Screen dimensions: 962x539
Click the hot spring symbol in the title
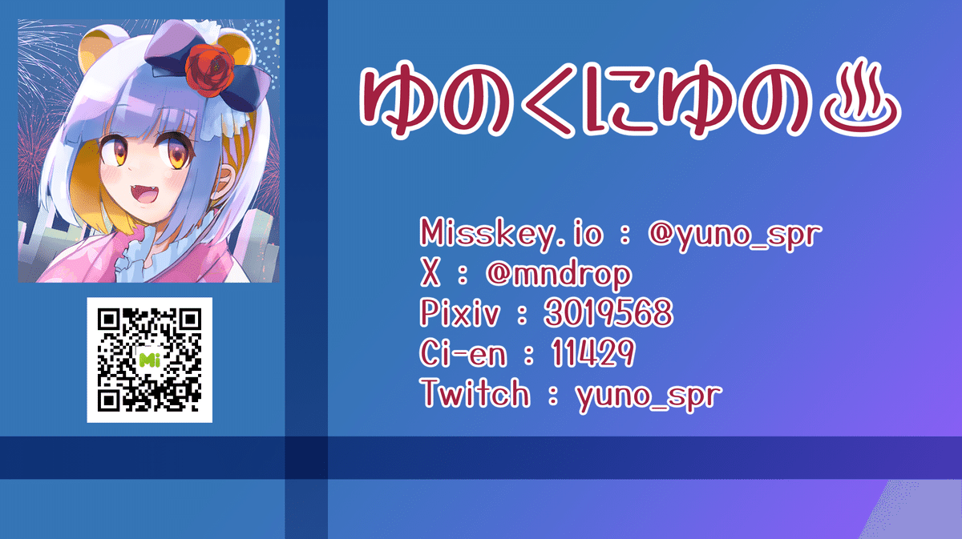(x=860, y=98)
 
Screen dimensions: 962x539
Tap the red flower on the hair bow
(x=209, y=70)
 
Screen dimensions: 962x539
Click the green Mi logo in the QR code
(x=149, y=360)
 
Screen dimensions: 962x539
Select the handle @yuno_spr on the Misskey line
(x=735, y=235)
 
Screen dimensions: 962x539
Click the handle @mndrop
(x=559, y=275)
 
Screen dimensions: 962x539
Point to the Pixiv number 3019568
(x=608, y=312)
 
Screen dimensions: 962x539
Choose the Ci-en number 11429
(x=592, y=352)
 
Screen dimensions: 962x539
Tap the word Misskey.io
(x=511, y=233)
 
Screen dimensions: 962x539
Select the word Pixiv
(x=460, y=312)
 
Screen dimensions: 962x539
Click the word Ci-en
(x=463, y=352)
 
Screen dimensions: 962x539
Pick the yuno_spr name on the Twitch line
(x=649, y=396)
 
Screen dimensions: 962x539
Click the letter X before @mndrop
(x=430, y=273)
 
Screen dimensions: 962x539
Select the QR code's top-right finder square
(x=191, y=319)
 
